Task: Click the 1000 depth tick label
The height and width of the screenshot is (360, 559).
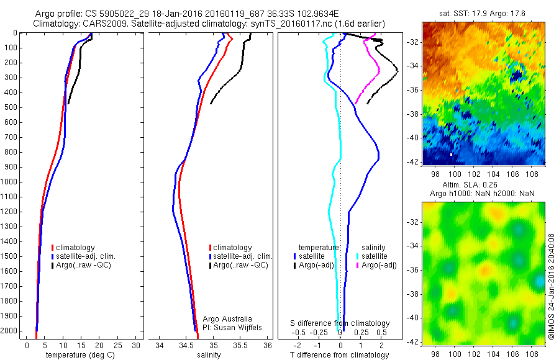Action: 11,182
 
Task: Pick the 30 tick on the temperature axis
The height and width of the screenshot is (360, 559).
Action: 135,344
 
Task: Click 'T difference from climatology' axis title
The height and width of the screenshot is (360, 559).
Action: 340,355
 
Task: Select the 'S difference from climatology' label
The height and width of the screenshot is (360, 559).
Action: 340,323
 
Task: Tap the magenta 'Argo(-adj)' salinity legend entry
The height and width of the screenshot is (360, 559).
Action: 380,265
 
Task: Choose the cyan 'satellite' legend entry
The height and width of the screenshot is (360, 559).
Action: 373,256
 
